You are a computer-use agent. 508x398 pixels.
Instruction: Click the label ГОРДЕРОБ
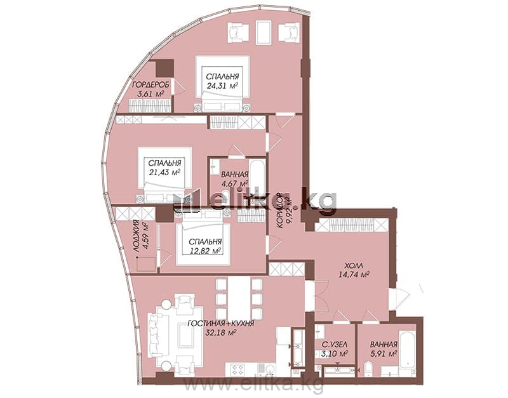(x=150, y=85)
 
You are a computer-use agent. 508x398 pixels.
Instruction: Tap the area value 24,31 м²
(x=223, y=85)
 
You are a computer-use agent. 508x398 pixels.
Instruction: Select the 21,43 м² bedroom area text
(x=164, y=172)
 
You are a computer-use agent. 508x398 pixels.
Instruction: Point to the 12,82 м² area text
(x=205, y=250)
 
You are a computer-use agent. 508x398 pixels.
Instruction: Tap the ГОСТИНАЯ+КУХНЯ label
(x=220, y=323)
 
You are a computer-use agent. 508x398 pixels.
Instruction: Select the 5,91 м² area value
(x=384, y=354)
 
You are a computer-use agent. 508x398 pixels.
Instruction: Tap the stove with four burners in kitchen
(x=237, y=369)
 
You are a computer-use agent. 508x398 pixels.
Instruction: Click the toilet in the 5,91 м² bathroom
(x=369, y=369)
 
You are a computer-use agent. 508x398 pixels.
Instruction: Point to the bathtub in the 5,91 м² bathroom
(x=407, y=349)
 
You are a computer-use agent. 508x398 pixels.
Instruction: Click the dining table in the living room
(x=239, y=297)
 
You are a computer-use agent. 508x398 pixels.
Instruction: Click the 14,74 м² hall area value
(x=354, y=275)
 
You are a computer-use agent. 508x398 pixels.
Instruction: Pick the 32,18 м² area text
(x=220, y=332)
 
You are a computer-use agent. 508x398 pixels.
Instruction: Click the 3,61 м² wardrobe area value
(x=150, y=94)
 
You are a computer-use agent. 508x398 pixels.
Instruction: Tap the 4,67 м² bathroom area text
(x=234, y=183)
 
